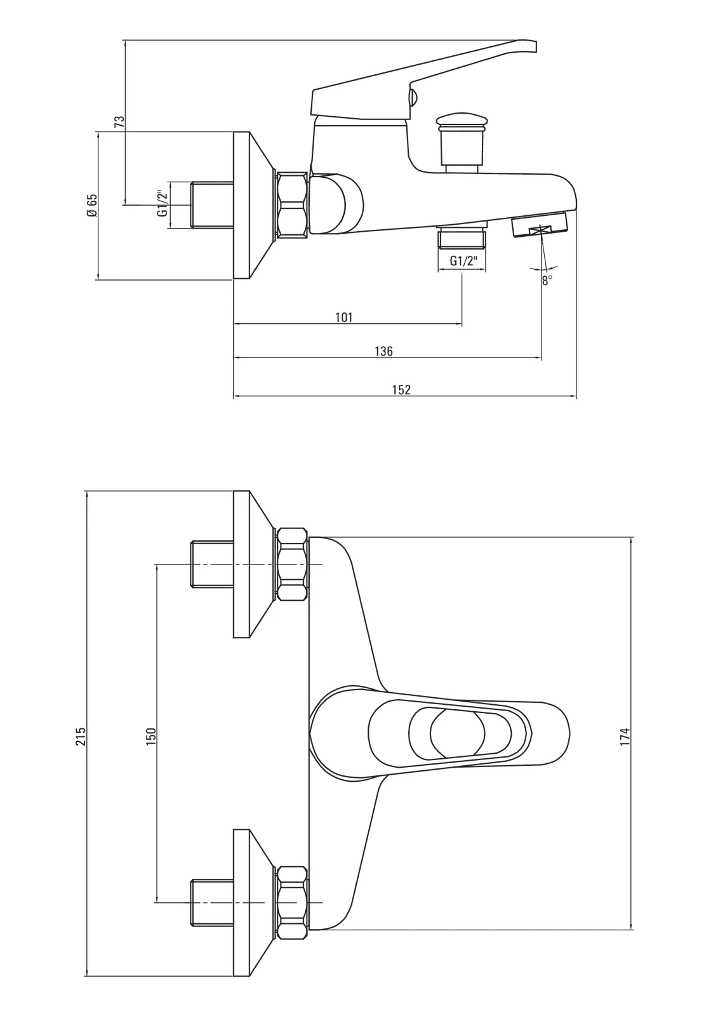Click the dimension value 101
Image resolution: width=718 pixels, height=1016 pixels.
click(x=343, y=317)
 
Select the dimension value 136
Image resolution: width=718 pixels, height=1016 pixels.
click(x=383, y=351)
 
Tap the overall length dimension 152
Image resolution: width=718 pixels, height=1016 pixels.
click(x=401, y=389)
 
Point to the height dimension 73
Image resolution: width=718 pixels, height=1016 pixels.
click(x=119, y=122)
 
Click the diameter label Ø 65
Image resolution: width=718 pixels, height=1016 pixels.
click(x=92, y=206)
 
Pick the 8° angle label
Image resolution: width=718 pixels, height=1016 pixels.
click(x=547, y=280)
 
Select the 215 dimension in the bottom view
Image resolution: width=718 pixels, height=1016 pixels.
click(x=81, y=736)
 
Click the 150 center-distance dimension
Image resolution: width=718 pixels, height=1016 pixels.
click(x=151, y=736)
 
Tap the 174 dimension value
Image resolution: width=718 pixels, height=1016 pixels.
click(x=625, y=736)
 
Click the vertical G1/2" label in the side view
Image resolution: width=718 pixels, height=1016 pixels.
click(x=163, y=204)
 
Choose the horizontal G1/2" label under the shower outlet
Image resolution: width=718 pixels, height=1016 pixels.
click(x=462, y=260)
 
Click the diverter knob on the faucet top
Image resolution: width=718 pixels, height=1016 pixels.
click(x=462, y=135)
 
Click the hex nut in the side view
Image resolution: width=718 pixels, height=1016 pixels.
click(x=293, y=204)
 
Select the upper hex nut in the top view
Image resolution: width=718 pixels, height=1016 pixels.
click(x=293, y=564)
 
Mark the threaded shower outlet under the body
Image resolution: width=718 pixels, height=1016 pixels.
click(x=462, y=239)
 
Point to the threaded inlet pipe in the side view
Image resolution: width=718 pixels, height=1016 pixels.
click(x=212, y=204)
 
